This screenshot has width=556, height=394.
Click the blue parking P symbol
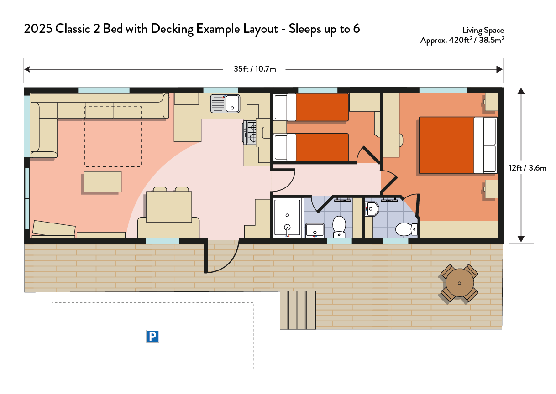(x=152, y=337)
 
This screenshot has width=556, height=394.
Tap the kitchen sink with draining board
(x=226, y=104)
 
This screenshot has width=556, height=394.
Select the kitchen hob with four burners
(x=250, y=132)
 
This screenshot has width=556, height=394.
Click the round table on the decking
(x=459, y=283)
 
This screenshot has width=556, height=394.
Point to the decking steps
(x=298, y=310)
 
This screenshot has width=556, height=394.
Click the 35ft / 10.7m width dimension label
(x=255, y=69)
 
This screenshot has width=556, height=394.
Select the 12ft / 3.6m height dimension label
(x=527, y=168)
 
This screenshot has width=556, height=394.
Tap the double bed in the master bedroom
(x=458, y=145)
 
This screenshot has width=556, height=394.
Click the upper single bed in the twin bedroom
(x=311, y=107)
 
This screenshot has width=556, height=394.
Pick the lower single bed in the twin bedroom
(x=311, y=147)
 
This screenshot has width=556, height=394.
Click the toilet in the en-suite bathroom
(x=406, y=229)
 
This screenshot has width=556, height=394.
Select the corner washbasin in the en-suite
(x=372, y=209)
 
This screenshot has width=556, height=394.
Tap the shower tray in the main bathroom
(x=287, y=218)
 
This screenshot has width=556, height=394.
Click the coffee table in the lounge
(x=103, y=181)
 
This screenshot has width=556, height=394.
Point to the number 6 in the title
(x=356, y=29)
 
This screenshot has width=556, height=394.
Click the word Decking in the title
(x=172, y=29)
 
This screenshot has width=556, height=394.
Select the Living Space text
(x=483, y=31)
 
